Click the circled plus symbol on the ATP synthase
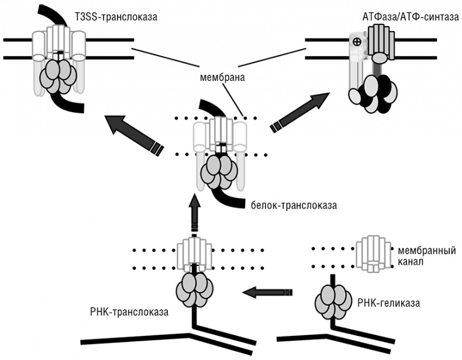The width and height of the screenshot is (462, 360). pos(355,43)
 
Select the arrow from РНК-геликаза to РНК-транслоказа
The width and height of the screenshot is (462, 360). pos(267,290)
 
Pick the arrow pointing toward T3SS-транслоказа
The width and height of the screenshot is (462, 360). pos(132,133)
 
